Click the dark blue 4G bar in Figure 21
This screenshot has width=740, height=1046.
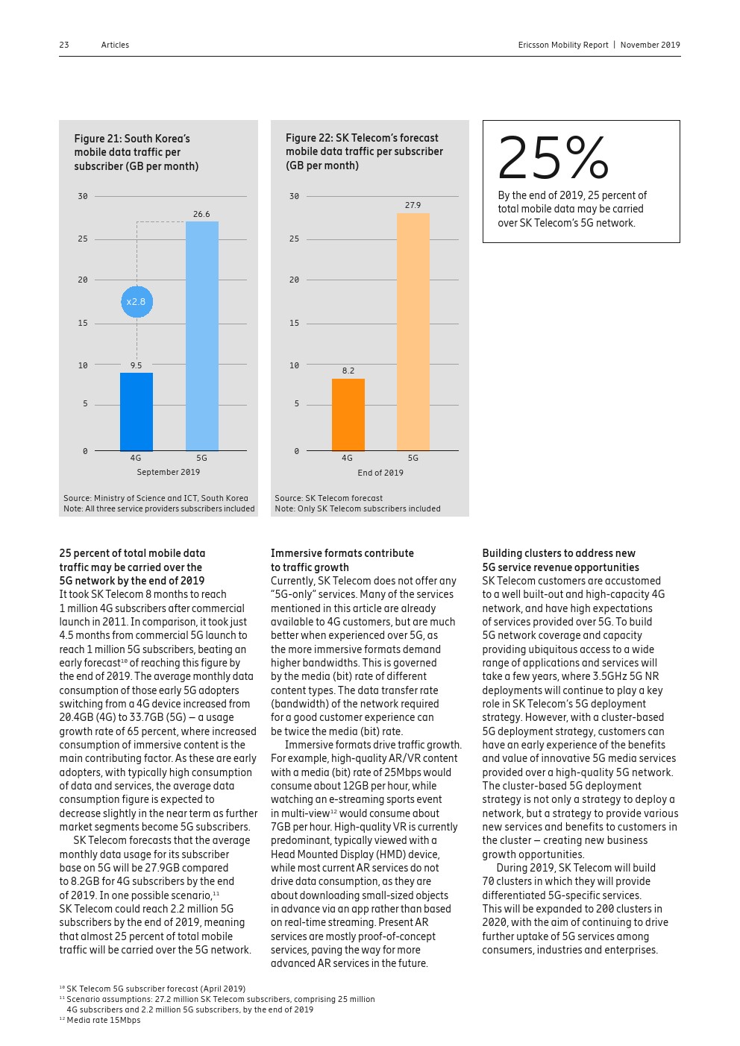coord(137,412)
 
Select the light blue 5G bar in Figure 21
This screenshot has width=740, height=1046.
coord(201,335)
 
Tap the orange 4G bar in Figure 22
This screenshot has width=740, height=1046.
coord(348,415)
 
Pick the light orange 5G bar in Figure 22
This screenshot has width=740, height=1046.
coord(413,332)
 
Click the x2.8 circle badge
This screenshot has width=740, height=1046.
coord(137,302)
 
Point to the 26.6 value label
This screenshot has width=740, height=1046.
coord(201,214)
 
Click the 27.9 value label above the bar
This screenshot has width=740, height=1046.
coord(413,205)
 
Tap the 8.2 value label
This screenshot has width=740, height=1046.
coord(348,371)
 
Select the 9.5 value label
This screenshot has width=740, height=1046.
coord(136,365)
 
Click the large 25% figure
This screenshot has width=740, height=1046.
coord(553,158)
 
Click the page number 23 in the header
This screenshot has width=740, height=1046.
coord(64,45)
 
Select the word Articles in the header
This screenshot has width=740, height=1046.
coord(115,45)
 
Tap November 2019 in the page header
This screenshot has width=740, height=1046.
coord(650,45)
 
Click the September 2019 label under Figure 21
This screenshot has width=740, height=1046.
coord(169,472)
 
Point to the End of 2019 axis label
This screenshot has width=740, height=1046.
coord(380,473)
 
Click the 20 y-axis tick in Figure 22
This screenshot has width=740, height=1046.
coord(294,280)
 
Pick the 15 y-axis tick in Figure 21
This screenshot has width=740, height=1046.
coord(83,323)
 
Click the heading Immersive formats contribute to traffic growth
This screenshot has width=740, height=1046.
coord(342,560)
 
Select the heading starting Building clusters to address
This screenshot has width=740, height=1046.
coord(559,560)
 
